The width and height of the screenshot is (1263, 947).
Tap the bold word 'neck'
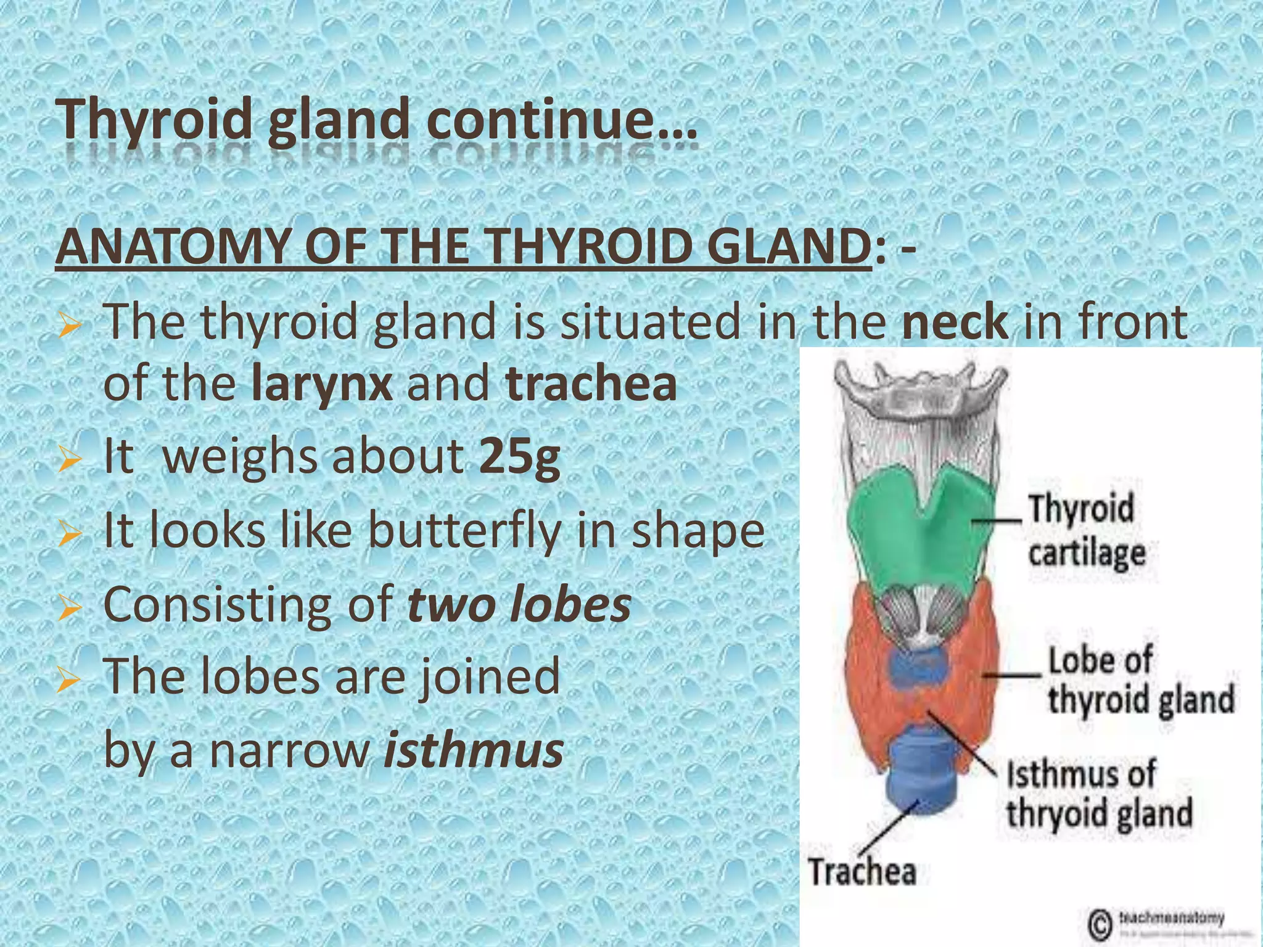(x=955, y=322)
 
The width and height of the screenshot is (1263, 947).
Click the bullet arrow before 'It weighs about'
(x=68, y=460)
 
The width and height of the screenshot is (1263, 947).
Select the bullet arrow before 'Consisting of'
(x=68, y=607)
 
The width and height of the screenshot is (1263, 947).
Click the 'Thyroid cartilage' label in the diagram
(x=1085, y=531)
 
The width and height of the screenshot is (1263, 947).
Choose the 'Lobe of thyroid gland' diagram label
(x=1140, y=681)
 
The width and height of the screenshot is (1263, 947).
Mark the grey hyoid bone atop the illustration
(x=919, y=395)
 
